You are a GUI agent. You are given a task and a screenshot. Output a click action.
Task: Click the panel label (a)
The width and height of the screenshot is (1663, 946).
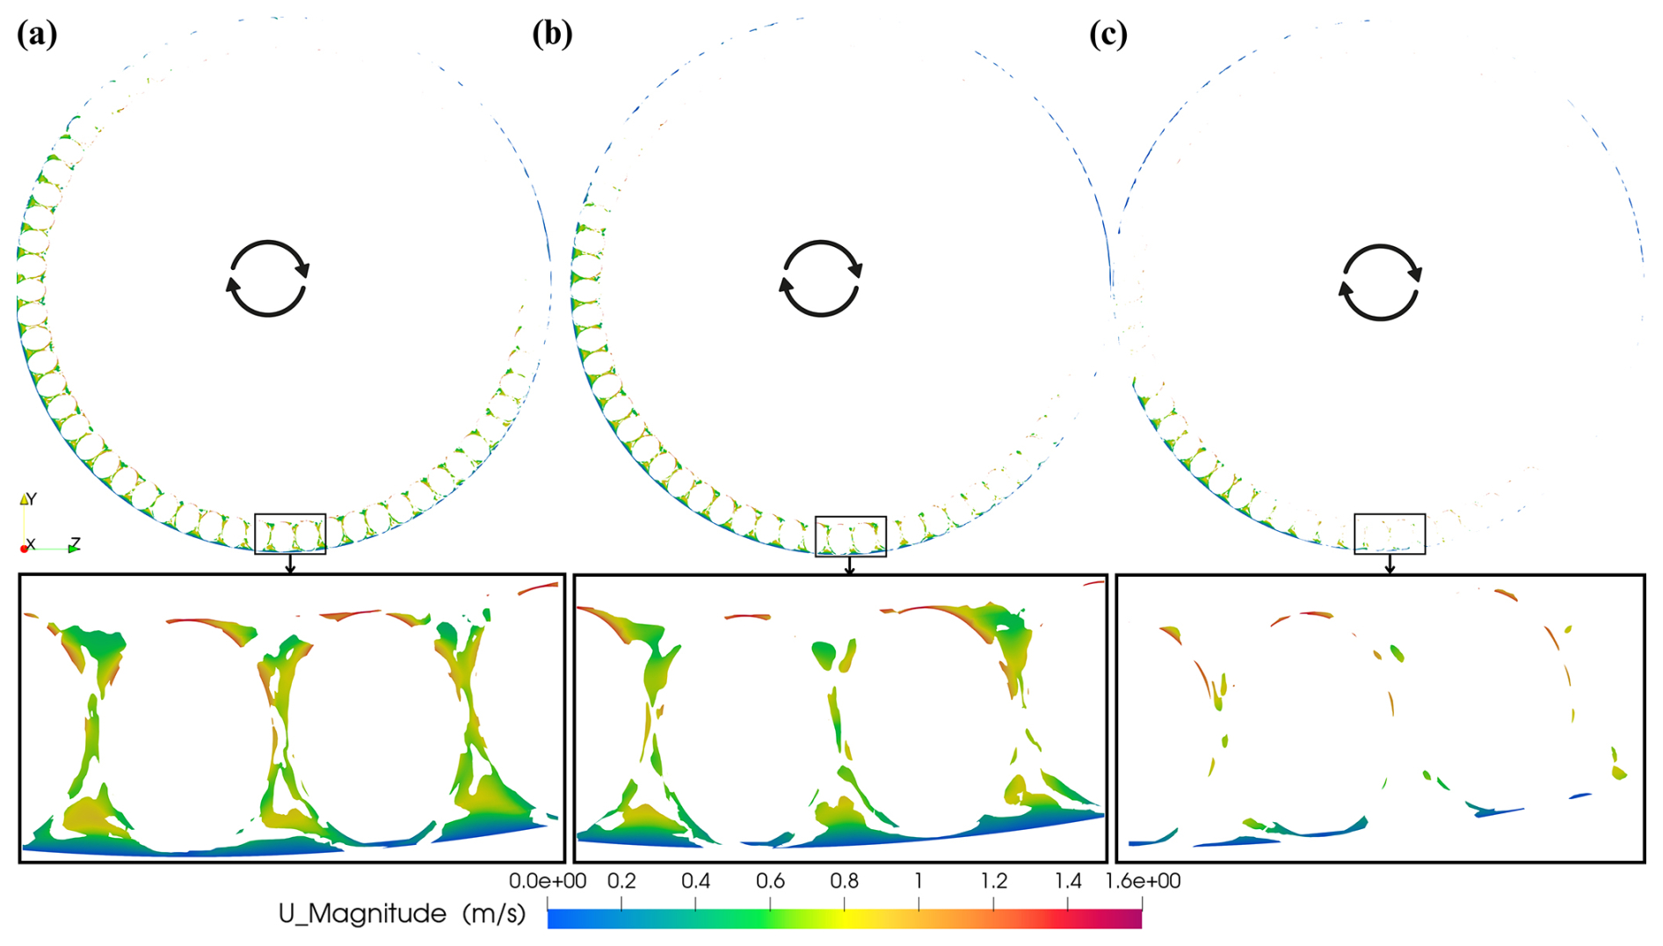(x=37, y=35)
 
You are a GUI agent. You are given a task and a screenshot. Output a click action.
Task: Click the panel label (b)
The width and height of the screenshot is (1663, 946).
(x=552, y=35)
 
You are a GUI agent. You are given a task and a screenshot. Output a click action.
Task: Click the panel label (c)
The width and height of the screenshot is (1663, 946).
(x=1108, y=35)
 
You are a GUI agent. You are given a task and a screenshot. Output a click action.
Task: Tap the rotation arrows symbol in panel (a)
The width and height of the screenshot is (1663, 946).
(x=268, y=279)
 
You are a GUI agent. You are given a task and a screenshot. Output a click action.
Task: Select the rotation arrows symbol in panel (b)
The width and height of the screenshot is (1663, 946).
(x=821, y=279)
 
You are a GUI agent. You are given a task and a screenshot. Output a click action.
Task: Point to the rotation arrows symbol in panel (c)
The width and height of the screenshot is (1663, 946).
(x=1380, y=282)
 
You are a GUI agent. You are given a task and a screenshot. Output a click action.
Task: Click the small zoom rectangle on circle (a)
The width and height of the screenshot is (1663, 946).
(x=290, y=515)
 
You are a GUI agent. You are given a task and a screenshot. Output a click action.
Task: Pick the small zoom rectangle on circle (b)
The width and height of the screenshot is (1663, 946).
(x=851, y=518)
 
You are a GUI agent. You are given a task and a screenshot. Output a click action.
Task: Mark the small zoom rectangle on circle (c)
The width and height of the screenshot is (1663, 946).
(x=1390, y=515)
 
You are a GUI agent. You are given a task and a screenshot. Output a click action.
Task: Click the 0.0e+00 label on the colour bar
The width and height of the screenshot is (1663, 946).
(x=548, y=881)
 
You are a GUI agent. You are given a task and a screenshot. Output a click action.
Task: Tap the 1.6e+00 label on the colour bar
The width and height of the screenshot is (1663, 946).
(x=1143, y=881)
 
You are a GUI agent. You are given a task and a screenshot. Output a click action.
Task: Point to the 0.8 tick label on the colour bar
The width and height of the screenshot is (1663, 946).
(x=845, y=881)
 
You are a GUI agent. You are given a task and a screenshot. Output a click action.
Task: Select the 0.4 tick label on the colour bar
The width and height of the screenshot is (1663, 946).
(x=696, y=881)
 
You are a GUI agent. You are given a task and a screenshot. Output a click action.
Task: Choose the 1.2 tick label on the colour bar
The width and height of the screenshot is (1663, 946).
(x=994, y=881)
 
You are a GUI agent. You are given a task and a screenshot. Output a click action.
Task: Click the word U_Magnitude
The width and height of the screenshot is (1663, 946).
(x=362, y=914)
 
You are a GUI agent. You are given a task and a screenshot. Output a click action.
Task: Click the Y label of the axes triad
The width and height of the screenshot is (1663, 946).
(x=32, y=499)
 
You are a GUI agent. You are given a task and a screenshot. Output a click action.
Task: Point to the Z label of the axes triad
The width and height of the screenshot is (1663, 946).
(x=76, y=543)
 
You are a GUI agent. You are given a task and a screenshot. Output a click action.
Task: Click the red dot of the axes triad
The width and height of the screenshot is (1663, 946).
(x=24, y=549)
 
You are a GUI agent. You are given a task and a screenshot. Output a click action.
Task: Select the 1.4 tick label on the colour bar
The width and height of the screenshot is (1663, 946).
(x=1068, y=881)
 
